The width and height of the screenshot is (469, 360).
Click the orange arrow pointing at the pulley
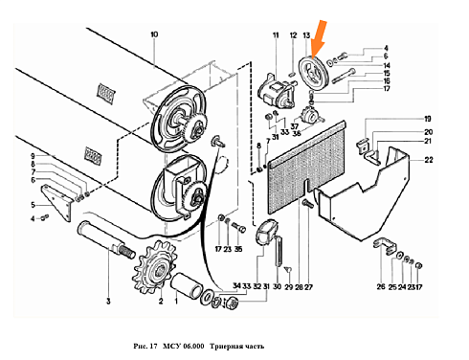pyautogui.click(x=319, y=39)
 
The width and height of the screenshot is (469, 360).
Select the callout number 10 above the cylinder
pyautogui.click(x=154, y=34)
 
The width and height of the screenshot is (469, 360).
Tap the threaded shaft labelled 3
pyautogui.click(x=104, y=238)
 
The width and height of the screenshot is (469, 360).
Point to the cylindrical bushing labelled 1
pyautogui.click(x=186, y=285)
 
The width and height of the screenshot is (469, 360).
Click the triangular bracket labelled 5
pyautogui.click(x=56, y=202)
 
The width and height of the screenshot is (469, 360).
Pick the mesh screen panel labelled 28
pyautogui.click(x=306, y=168)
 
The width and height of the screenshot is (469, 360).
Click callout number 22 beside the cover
pyautogui.click(x=429, y=160)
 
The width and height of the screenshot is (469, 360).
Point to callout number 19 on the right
pyautogui.click(x=428, y=119)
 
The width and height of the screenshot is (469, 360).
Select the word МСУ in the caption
pyautogui.click(x=172, y=346)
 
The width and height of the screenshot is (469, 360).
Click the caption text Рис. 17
pyautogui.click(x=145, y=346)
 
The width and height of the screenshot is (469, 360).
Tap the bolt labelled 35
pyautogui.click(x=238, y=227)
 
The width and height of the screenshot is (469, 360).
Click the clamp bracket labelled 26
pyautogui.click(x=385, y=245)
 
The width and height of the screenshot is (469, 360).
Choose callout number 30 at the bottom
pyautogui.click(x=278, y=286)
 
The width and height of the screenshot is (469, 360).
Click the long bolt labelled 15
pyautogui.click(x=344, y=76)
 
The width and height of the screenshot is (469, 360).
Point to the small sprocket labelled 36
pyautogui.click(x=309, y=117)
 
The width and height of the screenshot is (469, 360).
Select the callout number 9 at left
pyautogui.click(x=33, y=156)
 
